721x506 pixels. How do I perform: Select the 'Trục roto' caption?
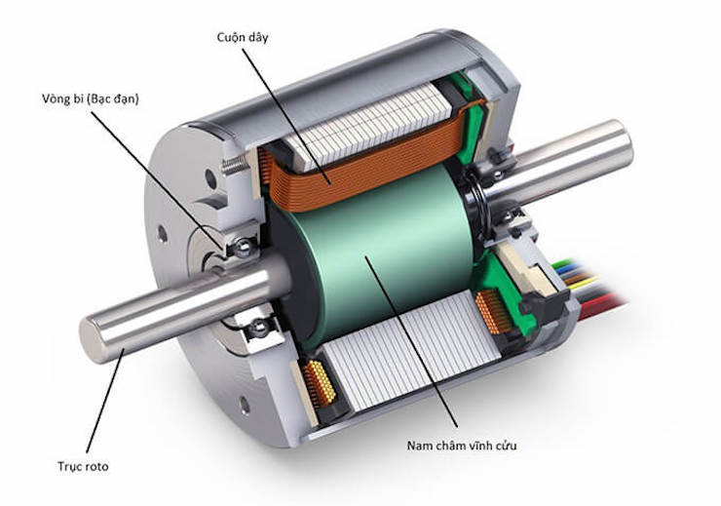click(82, 466)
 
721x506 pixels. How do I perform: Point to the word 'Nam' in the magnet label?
click(422, 446)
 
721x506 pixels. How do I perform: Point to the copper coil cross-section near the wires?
click(492, 318)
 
